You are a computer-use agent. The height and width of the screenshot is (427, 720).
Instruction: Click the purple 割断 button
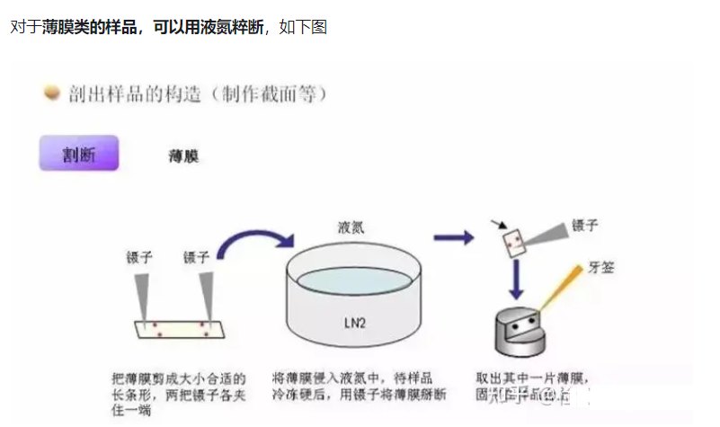click(x=79, y=154)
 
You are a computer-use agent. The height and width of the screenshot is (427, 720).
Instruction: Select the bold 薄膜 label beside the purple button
click(x=183, y=156)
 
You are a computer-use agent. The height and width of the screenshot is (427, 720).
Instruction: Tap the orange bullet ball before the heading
click(x=52, y=92)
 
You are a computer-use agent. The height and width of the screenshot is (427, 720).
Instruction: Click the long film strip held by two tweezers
click(x=176, y=328)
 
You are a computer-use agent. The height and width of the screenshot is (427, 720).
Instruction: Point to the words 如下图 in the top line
click(x=303, y=27)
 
